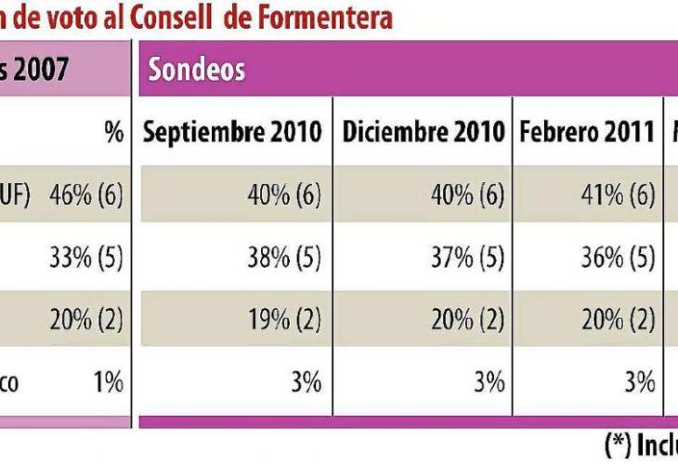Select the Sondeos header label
pos(197,69)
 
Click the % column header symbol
pos(114,132)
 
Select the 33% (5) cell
pos(86,258)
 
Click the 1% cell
pos(109,381)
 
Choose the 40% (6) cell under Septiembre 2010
pos(284,195)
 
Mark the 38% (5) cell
pos(284,258)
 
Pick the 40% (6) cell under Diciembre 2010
pos(467,195)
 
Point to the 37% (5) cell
pos(468,258)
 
